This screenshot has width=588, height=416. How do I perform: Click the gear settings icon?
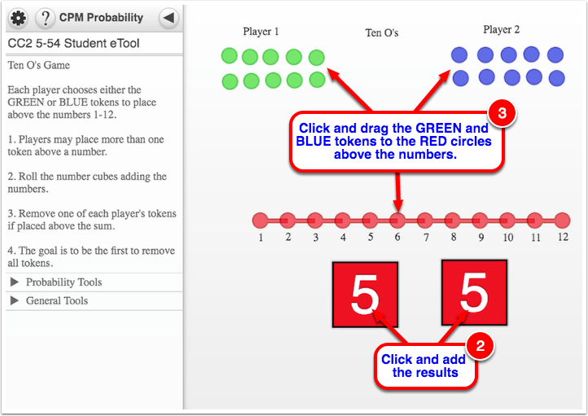(18, 18)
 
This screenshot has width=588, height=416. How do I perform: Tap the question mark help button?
(46, 18)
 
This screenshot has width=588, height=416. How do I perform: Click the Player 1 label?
(261, 32)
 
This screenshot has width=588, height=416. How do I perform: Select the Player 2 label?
(502, 29)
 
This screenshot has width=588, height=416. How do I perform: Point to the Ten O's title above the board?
(382, 33)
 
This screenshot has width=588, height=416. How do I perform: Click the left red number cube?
(365, 295)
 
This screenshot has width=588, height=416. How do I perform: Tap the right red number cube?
(474, 292)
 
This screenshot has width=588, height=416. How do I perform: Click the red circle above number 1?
(261, 221)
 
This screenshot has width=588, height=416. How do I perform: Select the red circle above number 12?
(562, 221)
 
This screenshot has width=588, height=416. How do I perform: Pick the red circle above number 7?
(425, 221)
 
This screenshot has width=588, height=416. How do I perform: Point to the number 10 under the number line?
(508, 237)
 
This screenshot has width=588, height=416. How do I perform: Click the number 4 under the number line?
(343, 237)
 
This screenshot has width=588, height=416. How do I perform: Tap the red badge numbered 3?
(502, 113)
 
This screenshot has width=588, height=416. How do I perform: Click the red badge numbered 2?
(480, 346)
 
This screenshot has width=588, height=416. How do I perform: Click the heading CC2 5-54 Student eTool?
(73, 43)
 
